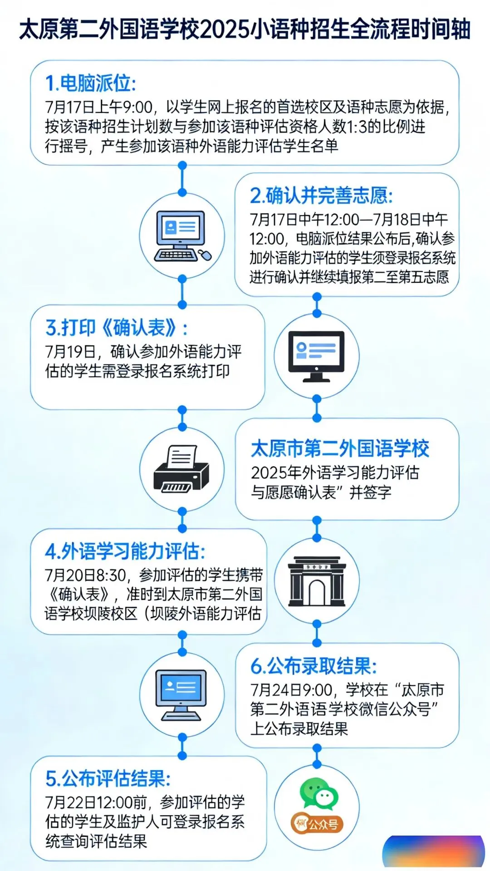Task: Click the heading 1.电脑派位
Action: coord(90,84)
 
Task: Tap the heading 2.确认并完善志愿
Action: coord(321,196)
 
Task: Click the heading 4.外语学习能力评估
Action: coord(125,551)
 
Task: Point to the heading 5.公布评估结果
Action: coord(108,778)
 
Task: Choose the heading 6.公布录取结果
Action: coord(314,666)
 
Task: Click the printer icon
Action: coord(181,469)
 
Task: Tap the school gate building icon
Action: coord(317,581)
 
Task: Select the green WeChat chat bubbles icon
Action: coord(319,793)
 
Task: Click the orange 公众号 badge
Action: coord(317,824)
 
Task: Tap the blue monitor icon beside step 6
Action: coord(181,695)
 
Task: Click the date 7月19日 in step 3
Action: coord(70,352)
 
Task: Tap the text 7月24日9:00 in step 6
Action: coord(291,690)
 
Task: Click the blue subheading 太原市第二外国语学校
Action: coord(340,448)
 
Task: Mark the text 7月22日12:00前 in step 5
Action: coord(95,802)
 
